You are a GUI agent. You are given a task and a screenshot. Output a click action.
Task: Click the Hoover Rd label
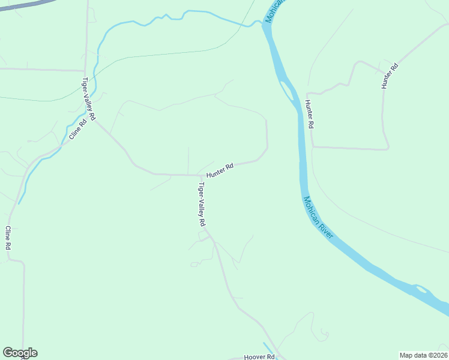coord(259,357)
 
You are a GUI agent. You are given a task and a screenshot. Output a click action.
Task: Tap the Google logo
coord(20,353)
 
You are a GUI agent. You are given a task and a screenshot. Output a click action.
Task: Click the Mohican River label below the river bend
coord(318,218)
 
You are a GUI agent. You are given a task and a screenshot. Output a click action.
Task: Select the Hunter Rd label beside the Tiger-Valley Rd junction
coord(220,170)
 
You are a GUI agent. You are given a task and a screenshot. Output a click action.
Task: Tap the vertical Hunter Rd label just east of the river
coord(309,113)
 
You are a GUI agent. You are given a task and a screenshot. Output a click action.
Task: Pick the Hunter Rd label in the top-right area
coord(390,76)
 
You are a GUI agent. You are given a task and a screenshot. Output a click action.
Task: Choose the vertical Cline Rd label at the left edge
coord(8,238)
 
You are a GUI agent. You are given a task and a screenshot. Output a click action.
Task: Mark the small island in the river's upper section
coord(288,91)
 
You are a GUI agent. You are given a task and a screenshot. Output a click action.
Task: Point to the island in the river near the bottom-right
coord(421,290)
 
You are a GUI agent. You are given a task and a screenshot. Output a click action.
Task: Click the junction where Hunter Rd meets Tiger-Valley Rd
coord(200,176)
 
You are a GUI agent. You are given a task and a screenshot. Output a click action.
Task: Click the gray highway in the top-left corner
coord(24,5)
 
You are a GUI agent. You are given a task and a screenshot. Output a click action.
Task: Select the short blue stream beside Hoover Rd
coord(268,347)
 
